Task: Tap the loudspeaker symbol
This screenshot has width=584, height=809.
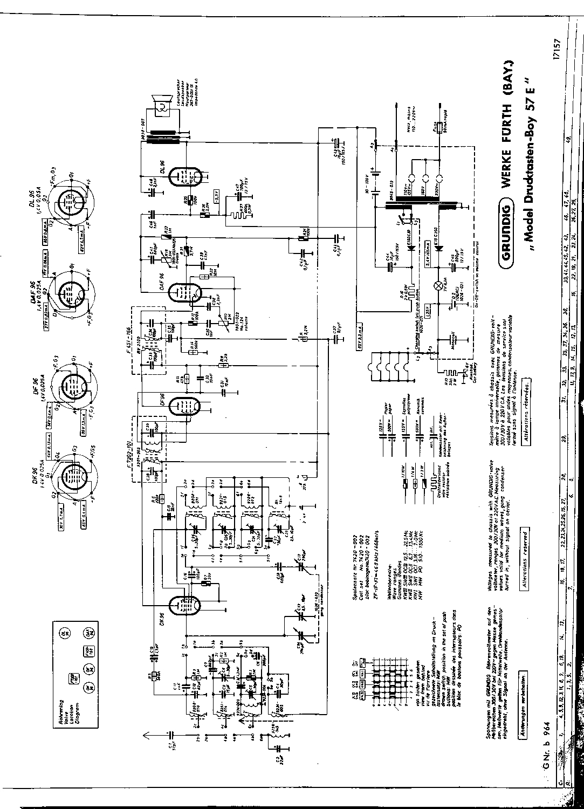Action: coord(162,105)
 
